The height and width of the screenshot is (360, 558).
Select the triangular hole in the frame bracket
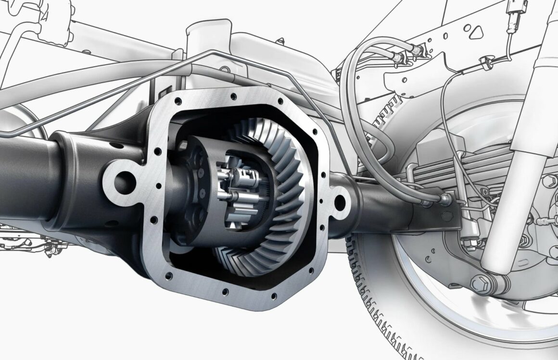[476, 32]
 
